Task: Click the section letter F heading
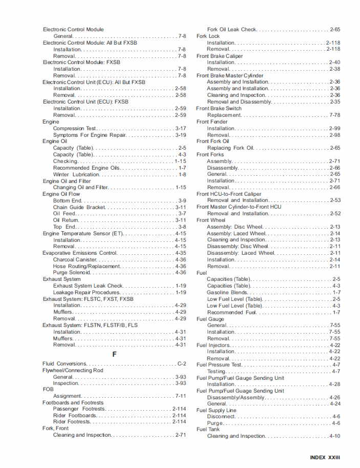pos(114,354)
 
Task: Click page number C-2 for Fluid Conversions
pos(181,364)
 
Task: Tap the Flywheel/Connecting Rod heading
pos(73,370)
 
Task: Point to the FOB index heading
pos(48,390)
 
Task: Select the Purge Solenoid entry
pos(76,273)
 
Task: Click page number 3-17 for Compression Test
pos(180,129)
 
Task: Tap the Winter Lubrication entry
pos(76,175)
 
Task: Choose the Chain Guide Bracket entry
pos(79,208)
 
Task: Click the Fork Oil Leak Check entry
pos(232,30)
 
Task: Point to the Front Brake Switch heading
pos(219,109)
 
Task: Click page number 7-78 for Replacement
pos(335,115)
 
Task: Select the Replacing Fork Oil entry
pos(230,148)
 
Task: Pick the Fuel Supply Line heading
pos(216,410)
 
